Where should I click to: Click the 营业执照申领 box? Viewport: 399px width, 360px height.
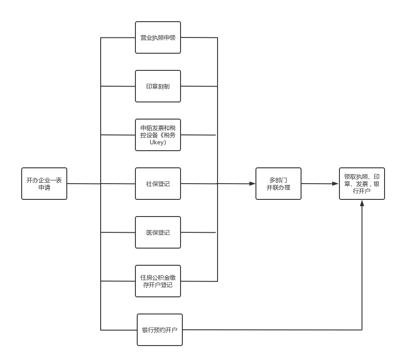click(x=158, y=37)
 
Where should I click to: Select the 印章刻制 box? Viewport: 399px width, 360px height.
click(x=158, y=86)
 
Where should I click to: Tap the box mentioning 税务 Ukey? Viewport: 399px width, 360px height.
click(x=158, y=135)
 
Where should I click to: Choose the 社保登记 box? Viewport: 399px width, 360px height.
click(x=158, y=184)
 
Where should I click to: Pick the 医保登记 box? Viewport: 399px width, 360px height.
click(x=158, y=232)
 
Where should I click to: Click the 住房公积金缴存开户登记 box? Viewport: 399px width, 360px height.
click(x=158, y=281)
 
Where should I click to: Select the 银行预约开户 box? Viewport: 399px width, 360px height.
click(x=159, y=330)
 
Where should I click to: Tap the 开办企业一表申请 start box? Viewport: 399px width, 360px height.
click(x=44, y=184)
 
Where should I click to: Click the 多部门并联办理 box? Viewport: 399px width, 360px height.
click(x=278, y=184)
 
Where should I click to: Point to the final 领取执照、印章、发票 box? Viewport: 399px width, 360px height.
click(x=362, y=184)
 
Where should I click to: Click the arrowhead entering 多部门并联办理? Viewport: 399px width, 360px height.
click(x=252, y=184)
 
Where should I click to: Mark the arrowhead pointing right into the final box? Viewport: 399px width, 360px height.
click(x=335, y=184)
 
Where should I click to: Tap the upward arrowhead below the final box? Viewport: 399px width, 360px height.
click(x=362, y=203)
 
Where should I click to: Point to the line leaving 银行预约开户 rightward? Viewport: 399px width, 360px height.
click(x=271, y=330)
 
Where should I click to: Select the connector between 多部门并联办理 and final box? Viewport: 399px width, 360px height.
click(x=318, y=184)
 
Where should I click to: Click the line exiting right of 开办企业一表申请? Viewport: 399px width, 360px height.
click(x=84, y=184)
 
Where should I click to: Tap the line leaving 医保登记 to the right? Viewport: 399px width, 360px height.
click(x=199, y=232)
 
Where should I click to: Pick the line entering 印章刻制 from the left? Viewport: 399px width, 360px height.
click(x=118, y=86)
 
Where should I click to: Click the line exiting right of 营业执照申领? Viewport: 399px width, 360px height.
click(x=199, y=37)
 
